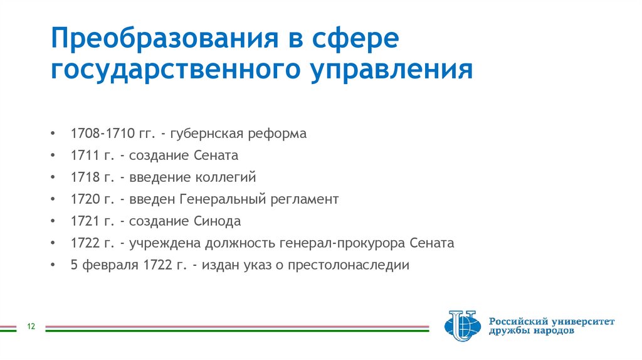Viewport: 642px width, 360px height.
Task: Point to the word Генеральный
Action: point(223,199)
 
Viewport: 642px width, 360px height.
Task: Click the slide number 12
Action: point(30,327)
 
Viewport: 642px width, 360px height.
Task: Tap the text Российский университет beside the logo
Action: point(552,321)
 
